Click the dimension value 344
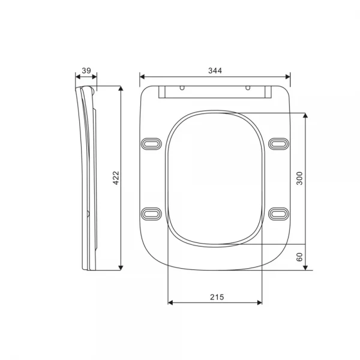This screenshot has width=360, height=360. click(x=215, y=71)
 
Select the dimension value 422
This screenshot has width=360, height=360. click(x=116, y=178)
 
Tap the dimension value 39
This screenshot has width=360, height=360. click(x=86, y=71)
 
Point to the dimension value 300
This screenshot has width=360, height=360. click(x=300, y=178)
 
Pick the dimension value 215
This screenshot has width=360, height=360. click(x=215, y=297)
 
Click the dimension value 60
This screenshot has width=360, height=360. click(x=300, y=257)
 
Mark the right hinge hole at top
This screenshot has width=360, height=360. click(x=247, y=88)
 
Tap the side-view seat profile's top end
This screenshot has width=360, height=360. click(x=84, y=88)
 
